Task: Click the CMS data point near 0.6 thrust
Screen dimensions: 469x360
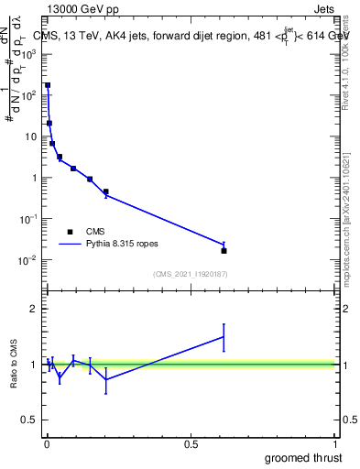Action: click(x=224, y=250)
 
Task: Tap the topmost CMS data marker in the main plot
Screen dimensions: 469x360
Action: click(x=48, y=85)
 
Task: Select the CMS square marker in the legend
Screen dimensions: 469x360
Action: click(x=69, y=232)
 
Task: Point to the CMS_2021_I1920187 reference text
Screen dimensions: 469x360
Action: click(x=190, y=274)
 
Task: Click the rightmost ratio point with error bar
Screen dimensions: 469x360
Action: click(x=224, y=337)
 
